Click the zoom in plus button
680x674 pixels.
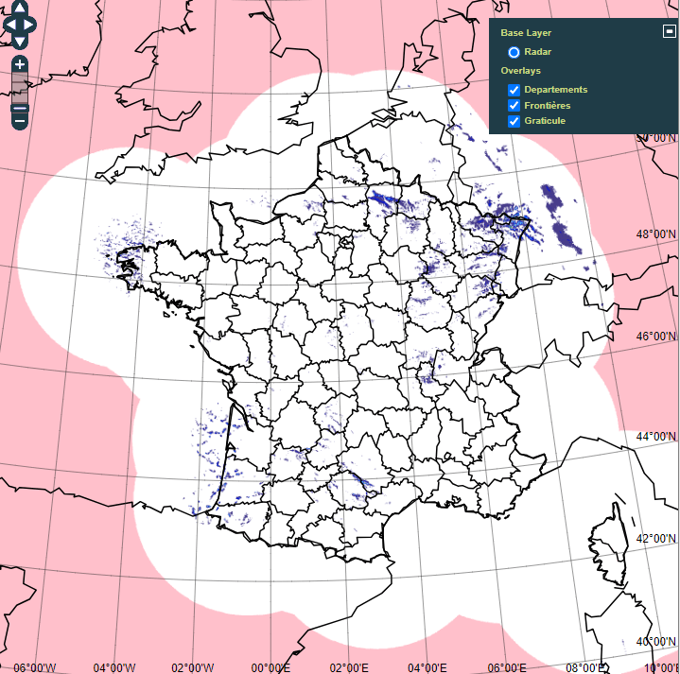point(20,65)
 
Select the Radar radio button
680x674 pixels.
point(514,52)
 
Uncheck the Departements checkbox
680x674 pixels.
point(514,90)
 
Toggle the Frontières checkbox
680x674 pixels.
point(514,106)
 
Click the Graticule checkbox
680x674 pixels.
point(514,121)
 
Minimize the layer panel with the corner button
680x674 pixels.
point(669,30)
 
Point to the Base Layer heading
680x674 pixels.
point(526,33)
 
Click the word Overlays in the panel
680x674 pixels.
point(521,71)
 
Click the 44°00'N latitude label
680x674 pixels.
point(656,437)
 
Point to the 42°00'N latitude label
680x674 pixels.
point(656,539)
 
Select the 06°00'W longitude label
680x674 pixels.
point(35,667)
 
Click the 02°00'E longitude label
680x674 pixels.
point(349,667)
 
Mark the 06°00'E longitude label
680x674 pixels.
point(506,667)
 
